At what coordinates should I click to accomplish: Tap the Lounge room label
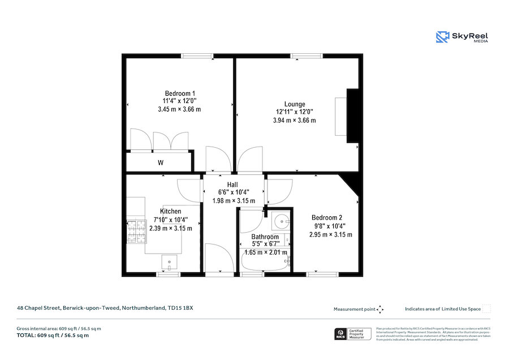click(295, 104)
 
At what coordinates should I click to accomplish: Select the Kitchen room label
click(170, 211)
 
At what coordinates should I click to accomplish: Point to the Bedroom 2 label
click(327, 217)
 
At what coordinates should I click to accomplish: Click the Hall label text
click(232, 185)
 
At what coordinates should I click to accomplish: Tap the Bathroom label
click(265, 237)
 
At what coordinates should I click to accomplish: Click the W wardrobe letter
click(161, 163)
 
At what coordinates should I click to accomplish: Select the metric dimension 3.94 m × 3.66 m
click(294, 120)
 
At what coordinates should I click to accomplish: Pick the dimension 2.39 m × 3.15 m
click(170, 228)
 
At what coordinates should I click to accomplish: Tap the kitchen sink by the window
click(169, 262)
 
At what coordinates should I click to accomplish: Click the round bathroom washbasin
click(280, 221)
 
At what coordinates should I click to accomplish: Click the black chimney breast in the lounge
click(353, 115)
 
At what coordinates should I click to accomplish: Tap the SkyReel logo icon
click(442, 37)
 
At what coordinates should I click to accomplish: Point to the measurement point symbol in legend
click(380, 309)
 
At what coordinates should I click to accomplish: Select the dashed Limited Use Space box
click(486, 308)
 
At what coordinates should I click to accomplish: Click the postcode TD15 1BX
click(181, 308)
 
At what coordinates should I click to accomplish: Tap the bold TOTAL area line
click(53, 336)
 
